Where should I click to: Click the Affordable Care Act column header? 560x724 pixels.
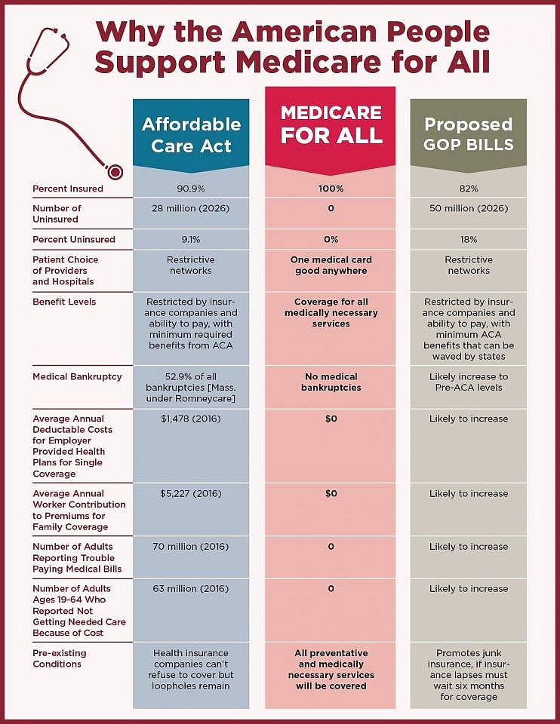coord(191,134)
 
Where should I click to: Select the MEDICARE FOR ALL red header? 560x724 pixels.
coord(331,124)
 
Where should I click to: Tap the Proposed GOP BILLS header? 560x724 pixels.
coord(468,134)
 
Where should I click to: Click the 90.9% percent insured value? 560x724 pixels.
coord(191,188)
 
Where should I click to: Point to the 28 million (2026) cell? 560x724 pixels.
coord(191,208)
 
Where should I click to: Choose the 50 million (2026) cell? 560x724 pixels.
coord(468,208)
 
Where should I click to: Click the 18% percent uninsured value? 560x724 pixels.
coord(468,239)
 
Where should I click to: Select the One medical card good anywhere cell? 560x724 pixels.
coord(331,265)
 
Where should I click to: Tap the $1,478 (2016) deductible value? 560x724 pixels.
coord(191,419)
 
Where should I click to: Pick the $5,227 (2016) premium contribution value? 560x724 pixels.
coord(191,494)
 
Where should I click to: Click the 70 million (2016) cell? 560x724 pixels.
coord(191,547)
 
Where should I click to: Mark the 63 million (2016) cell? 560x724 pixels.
coord(191,589)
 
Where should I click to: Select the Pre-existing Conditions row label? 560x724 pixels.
coord(60,658)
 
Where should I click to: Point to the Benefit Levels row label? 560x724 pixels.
coord(64,302)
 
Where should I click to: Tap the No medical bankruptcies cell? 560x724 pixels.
coord(331,382)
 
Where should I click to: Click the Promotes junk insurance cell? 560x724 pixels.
coord(468,675)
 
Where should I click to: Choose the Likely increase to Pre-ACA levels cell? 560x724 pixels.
coord(468,382)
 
